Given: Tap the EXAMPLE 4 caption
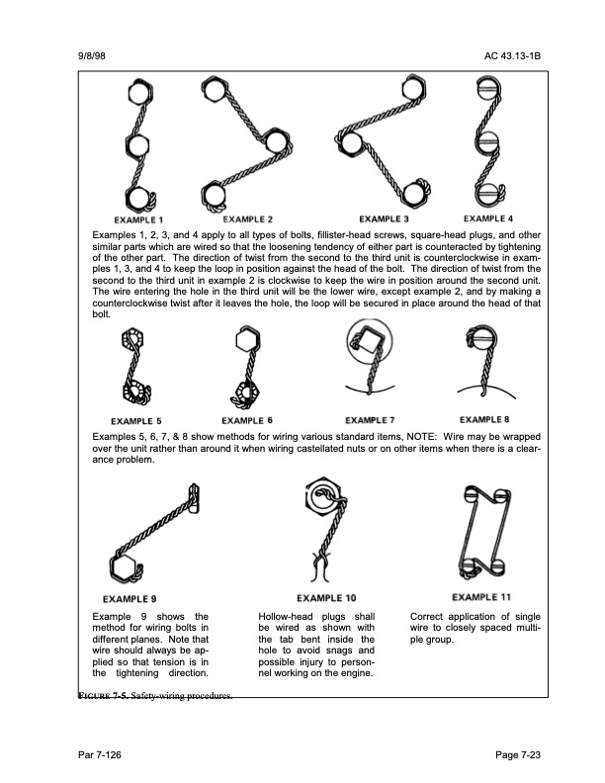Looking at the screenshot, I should (488, 217).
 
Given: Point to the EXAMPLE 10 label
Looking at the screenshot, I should (326, 598).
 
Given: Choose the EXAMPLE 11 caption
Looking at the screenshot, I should (481, 597).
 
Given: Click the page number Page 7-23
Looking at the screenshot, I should (518, 756).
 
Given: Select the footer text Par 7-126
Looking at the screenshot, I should (100, 756).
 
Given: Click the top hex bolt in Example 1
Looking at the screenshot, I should (138, 96).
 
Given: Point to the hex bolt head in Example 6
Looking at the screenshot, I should (248, 342).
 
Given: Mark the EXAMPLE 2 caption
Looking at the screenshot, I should (248, 217).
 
